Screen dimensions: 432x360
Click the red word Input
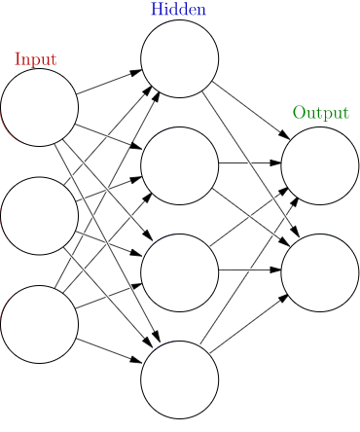pos(35,59)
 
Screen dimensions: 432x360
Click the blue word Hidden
pos(178,10)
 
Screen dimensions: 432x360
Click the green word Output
pos(320,113)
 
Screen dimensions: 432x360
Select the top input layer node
pos(39,107)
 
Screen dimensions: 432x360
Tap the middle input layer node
pos(39,215)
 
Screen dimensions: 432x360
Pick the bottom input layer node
pos(39,324)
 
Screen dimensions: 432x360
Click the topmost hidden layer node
pos(179,58)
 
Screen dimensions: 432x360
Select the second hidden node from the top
pos(179,165)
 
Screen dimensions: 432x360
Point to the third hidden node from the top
pos(179,272)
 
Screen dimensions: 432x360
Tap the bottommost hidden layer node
pos(179,379)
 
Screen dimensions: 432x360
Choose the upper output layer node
pos(320,165)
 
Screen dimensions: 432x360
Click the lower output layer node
pos(320,272)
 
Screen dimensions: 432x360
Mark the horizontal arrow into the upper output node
pos(249,163)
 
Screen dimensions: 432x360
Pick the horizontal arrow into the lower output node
pos(249,270)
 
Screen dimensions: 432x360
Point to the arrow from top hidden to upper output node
pos(249,112)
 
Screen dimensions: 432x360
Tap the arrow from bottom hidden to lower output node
pos(249,326)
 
